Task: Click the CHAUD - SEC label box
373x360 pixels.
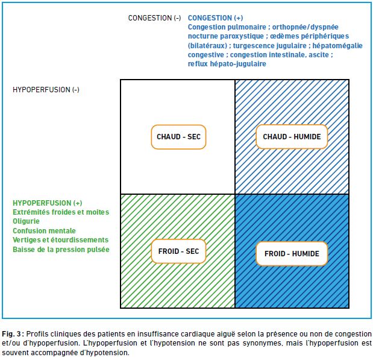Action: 178,137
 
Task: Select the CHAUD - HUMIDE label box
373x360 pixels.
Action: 292,137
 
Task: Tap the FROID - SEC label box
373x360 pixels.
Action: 178,251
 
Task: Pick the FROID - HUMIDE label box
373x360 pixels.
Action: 292,254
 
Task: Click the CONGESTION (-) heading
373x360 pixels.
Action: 155,18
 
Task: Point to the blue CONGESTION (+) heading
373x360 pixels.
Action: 215,18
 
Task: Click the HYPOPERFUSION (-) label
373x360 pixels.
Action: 46,90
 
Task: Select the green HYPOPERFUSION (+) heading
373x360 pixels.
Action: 48,203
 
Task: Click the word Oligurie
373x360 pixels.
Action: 26,221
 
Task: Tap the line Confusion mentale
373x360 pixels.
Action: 44,231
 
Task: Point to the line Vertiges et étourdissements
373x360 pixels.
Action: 61,240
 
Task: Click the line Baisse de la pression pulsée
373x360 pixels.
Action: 61,250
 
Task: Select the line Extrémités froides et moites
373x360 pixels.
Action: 61,212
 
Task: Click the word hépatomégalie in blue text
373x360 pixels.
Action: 337,46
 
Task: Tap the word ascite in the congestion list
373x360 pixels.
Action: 319,55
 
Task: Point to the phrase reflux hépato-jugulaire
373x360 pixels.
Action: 227,64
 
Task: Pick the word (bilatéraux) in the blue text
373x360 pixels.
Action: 207,46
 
